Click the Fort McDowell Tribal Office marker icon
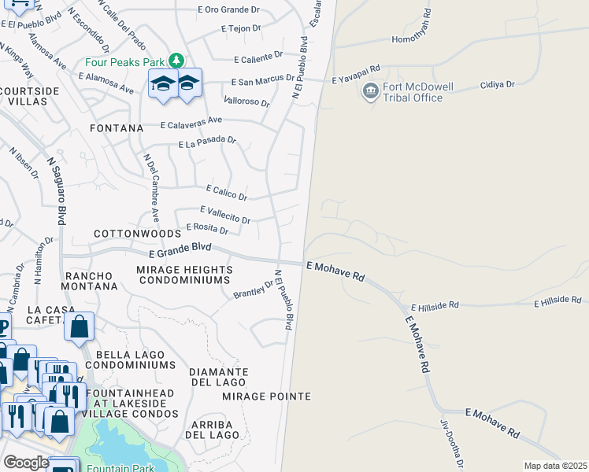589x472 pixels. [370, 92]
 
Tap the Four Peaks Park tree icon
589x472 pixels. [178, 61]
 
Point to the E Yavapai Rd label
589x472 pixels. [356, 79]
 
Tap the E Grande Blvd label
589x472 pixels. [181, 249]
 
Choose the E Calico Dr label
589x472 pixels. [227, 192]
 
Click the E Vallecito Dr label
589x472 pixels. [225, 214]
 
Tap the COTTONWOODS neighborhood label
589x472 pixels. [138, 234]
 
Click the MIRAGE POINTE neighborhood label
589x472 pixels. [266, 396]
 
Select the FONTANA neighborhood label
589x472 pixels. [117, 127]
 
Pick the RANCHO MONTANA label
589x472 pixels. [91, 281]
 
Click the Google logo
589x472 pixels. [26, 463]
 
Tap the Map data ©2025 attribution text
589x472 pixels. [554, 466]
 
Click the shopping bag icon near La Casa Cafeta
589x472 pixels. [80, 328]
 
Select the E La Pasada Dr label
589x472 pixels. [207, 142]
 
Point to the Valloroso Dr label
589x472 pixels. [246, 101]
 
